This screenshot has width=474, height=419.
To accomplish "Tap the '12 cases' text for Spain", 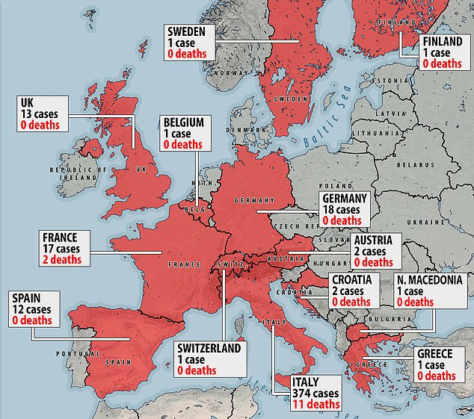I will pos(34,308).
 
